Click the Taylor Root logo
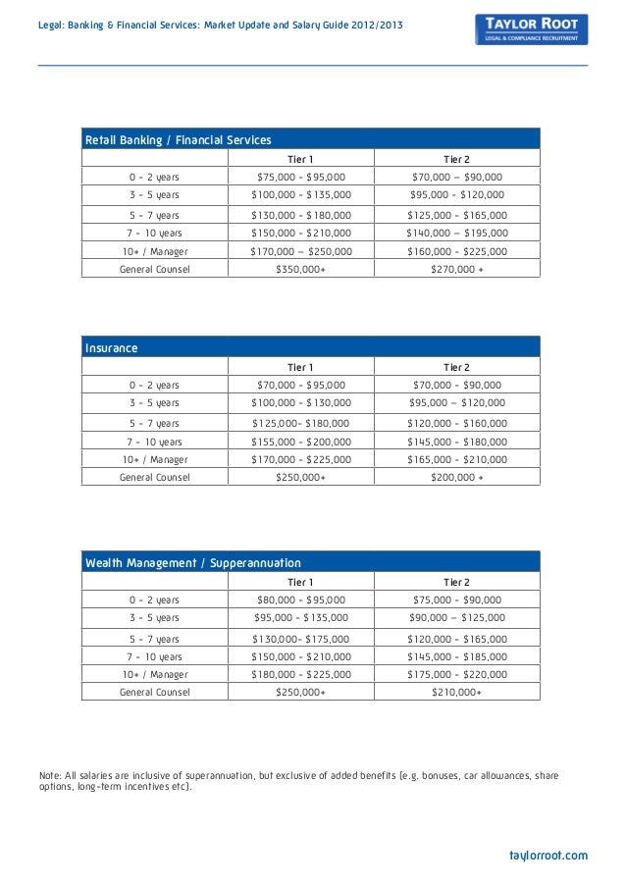pos(530,28)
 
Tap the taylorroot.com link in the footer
pos(548,855)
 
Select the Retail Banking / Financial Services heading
pos(178,140)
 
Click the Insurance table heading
pos(112,348)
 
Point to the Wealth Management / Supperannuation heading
pos(193,563)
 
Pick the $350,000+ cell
pos(300,268)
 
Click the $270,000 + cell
pos(456,268)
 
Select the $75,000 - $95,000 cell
pos(300,178)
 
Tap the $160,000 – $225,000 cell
pos(456,251)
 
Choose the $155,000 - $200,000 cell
pos(300,442)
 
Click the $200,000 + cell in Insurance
pos(456,478)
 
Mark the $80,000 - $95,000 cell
pos(300,599)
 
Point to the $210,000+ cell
pos(456,692)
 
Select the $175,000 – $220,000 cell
pos(456,674)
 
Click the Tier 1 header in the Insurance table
pos(300,367)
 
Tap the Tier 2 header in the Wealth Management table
pos(456,582)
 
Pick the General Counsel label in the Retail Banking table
pos(154,268)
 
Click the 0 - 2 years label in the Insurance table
pos(154,386)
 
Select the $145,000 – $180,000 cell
pos(456,442)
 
